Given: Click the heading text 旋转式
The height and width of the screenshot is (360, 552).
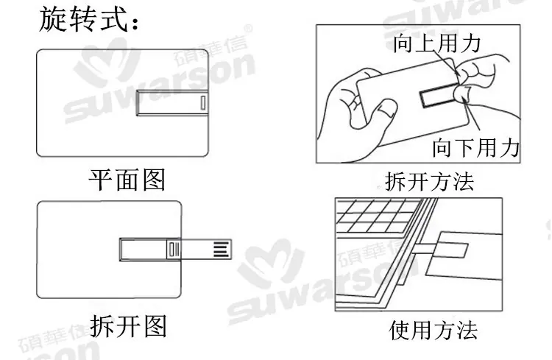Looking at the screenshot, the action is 83,20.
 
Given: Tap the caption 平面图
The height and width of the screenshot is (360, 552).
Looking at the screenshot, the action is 127,180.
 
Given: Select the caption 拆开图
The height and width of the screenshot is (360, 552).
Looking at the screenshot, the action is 128,326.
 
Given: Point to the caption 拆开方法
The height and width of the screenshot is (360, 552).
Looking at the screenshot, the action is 430,182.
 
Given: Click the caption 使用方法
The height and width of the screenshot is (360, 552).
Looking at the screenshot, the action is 434,330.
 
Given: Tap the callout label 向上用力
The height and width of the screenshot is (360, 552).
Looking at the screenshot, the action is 437,43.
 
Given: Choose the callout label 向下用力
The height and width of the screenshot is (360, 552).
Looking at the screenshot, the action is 476,147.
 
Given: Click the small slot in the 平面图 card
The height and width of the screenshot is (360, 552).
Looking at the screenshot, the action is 203,103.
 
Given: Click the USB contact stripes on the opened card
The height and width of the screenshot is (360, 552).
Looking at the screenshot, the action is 221,249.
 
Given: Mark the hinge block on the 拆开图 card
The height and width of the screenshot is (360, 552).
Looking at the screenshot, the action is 174,250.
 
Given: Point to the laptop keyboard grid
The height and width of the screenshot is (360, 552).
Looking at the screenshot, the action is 377,216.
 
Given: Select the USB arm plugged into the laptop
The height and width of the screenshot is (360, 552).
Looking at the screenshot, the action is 424,248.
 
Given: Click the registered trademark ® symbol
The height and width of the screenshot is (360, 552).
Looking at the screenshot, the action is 248,29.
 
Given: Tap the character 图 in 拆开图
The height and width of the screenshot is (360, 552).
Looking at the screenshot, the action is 155,326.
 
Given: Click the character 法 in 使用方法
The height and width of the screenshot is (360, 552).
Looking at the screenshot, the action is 467,330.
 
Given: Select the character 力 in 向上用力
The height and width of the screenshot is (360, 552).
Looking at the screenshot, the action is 471,43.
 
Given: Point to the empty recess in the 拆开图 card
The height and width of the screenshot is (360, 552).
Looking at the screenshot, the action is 143,250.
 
